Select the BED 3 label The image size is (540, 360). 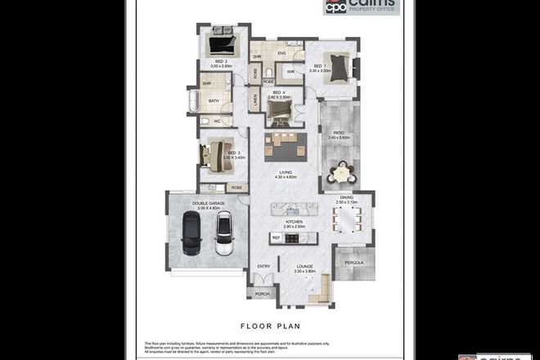point(234,154)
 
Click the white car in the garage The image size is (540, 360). point(224,233)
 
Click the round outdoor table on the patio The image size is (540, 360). point(339,173)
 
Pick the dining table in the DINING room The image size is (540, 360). point(350,220)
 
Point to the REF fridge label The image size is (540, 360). point(277,238)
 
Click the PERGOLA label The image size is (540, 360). point(354,263)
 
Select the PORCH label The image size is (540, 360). point(263,294)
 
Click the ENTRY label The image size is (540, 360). point(264,267)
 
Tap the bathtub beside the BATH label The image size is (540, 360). point(194,101)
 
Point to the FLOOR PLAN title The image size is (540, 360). point(269,325)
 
